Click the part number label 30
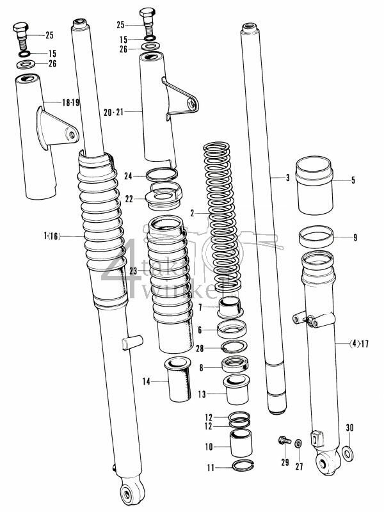tap(349, 428)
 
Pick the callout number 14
tap(146, 381)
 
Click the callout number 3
tap(288, 177)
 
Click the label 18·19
tap(70, 102)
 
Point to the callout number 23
tap(133, 271)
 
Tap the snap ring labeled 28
tap(234, 348)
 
